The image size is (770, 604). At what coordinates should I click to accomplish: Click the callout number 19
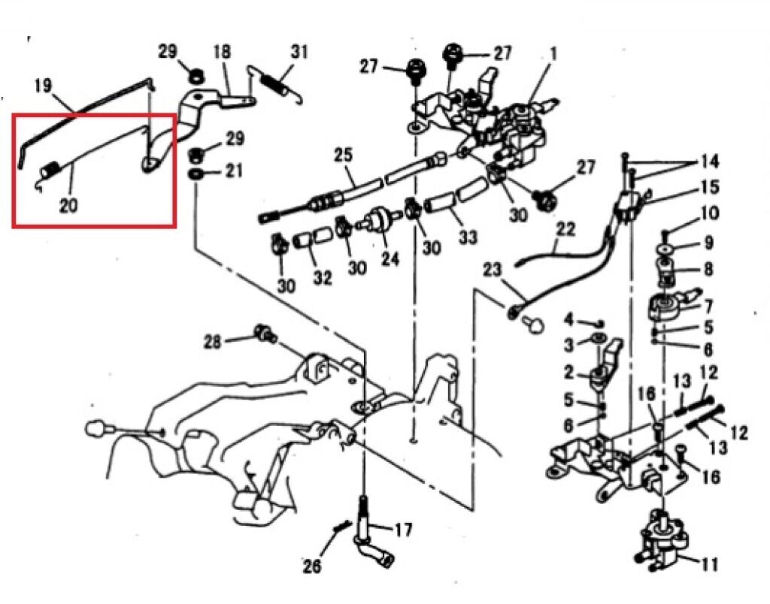pos(42,86)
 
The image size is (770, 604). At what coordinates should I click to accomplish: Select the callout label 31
pos(299,52)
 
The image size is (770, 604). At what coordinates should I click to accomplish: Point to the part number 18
pos(222,52)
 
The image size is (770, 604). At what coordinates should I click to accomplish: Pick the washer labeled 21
pos(196,174)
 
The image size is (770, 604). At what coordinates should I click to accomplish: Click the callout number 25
pos(343,156)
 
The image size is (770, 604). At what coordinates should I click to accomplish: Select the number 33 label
pos(468,237)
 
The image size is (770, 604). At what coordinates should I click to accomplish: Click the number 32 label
pos(323,278)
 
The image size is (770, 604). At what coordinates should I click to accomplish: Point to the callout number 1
pos(553,53)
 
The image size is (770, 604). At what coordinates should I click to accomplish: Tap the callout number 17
pos(403,530)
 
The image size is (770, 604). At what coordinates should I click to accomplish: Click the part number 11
pos(708,563)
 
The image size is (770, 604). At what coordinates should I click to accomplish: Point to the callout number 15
pos(709,186)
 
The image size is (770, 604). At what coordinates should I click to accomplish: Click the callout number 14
pos(708,161)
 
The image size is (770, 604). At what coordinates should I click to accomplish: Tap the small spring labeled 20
pos(50,171)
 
